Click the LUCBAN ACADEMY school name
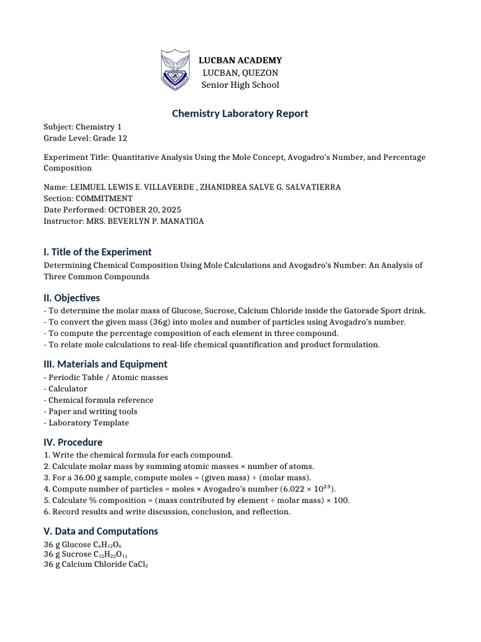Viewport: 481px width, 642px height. coord(240,60)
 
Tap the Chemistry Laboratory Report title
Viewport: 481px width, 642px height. coord(240,113)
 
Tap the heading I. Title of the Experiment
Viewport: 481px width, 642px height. coord(97,252)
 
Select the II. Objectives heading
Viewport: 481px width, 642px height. coord(71,298)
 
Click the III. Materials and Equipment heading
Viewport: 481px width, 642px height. coord(105,364)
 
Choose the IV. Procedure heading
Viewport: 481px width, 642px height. coord(73,442)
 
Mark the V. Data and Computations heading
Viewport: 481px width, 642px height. coord(100,531)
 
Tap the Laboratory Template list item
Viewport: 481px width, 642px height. coord(88,423)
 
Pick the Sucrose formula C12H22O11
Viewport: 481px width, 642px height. coord(111,555)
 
